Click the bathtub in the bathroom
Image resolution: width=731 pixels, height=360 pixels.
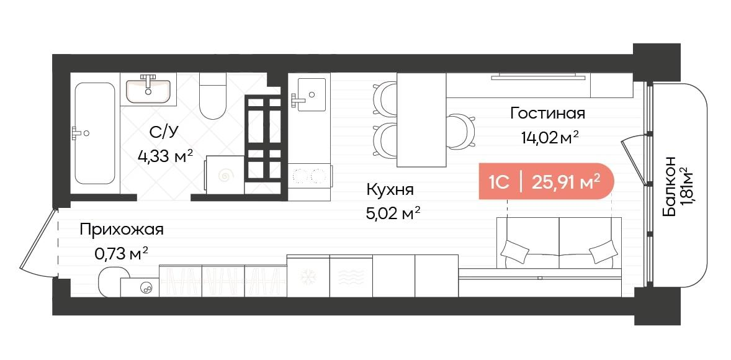(95, 133)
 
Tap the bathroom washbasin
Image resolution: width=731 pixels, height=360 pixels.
(148, 91)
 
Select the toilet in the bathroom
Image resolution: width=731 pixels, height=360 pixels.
(213, 98)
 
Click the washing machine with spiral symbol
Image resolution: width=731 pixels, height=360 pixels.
(225, 176)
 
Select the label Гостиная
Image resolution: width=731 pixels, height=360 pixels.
(547, 114)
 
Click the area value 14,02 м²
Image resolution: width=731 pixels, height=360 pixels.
(550, 137)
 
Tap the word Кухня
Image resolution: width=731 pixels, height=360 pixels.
(390, 190)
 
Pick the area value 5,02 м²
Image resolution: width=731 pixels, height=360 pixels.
(393, 214)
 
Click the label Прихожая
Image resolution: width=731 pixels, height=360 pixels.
(122, 230)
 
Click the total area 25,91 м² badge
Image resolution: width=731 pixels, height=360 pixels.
(565, 182)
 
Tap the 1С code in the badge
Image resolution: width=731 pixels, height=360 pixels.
(499, 182)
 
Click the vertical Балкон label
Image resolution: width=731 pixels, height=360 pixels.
(669, 186)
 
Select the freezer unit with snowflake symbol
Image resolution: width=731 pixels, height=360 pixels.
(308, 276)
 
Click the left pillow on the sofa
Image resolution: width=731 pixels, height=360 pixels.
(515, 252)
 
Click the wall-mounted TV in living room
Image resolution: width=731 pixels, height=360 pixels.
(538, 77)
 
